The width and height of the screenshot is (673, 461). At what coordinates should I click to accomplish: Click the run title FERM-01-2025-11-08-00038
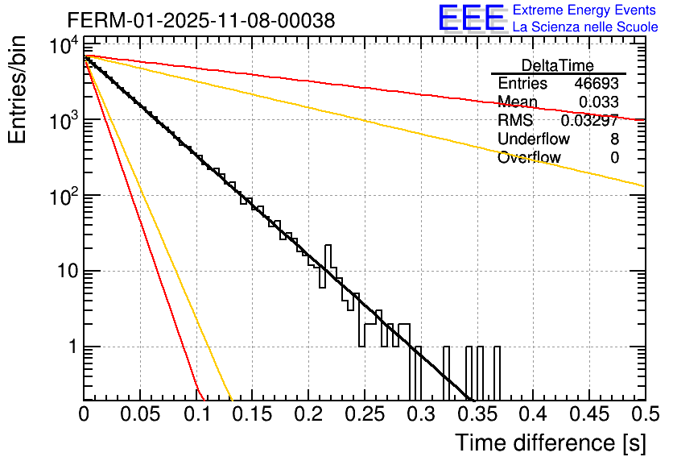coord(200,20)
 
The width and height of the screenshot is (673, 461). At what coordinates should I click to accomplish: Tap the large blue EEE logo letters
coord(470,19)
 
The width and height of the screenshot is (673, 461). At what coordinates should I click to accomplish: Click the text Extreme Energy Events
coord(585,10)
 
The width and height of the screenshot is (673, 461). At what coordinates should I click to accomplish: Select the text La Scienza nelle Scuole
coord(585,27)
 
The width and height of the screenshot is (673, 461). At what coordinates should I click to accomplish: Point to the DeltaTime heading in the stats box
coord(558,65)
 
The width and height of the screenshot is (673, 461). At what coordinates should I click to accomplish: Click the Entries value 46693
coord(597,84)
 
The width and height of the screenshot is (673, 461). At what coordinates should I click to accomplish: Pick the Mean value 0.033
coord(599,102)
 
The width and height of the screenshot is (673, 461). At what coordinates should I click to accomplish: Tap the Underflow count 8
coord(614,139)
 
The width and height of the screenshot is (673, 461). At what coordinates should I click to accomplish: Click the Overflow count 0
coord(614,158)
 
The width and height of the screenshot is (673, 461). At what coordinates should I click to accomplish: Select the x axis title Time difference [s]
coord(549,442)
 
